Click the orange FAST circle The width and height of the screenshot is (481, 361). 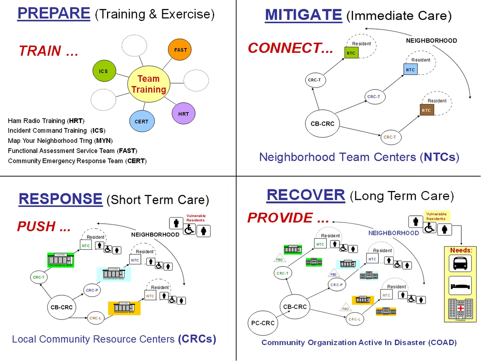point(180,50)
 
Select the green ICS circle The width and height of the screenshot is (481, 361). point(104,71)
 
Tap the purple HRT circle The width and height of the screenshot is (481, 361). point(183,114)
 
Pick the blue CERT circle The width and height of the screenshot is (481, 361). point(142,121)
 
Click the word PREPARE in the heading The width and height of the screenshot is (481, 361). point(54,14)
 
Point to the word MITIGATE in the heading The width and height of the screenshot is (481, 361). point(303,15)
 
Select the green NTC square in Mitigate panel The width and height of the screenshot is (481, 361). point(351,53)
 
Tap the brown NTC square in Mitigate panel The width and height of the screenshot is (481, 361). point(426,110)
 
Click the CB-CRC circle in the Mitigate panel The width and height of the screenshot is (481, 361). point(322,124)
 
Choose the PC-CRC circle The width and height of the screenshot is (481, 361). point(263,323)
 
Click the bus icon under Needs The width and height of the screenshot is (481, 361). point(460,263)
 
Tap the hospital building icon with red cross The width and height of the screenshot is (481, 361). point(460,309)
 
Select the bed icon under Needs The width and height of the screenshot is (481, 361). point(460,286)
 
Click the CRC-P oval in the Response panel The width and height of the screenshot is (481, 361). point(92,290)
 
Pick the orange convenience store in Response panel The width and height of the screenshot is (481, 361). point(124,308)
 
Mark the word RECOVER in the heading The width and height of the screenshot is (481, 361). point(306,195)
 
